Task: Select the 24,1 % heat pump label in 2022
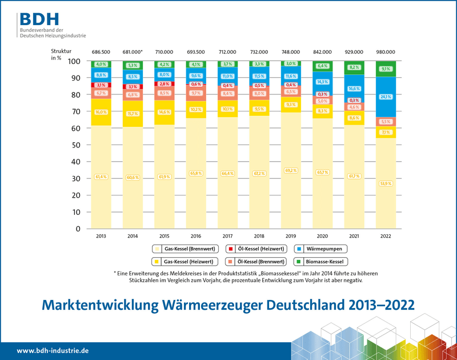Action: pyautogui.click(x=386, y=97)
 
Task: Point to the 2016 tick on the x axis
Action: pyautogui.click(x=196, y=236)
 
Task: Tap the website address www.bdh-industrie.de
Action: pyautogui.click(x=51, y=350)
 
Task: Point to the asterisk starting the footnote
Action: pyautogui.click(x=115, y=274)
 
